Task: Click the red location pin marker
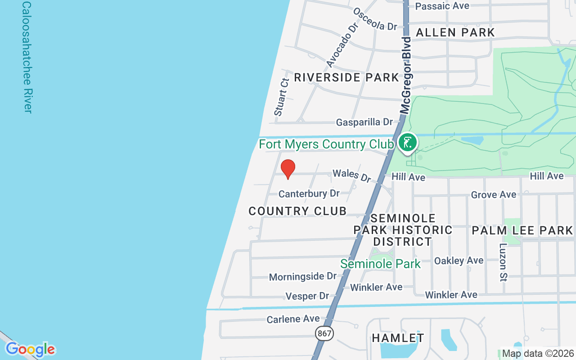[288, 169]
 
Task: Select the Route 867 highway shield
[324, 333]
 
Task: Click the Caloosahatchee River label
[27, 57]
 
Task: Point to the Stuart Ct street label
[282, 97]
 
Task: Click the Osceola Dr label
[375, 19]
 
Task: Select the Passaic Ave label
[442, 6]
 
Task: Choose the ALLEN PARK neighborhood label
[455, 32]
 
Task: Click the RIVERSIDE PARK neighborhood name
[346, 77]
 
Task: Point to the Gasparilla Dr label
[364, 122]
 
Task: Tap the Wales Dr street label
[351, 175]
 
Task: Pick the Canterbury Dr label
[309, 194]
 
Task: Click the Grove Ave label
[493, 195]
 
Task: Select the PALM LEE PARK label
[522, 231]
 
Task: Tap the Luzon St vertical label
[503, 263]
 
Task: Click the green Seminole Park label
[380, 264]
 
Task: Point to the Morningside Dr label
[302, 276]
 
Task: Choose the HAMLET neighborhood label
[398, 338]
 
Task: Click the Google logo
[30, 349]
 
